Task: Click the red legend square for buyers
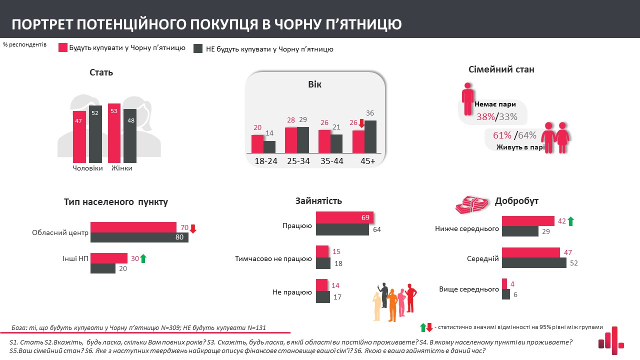tap(63, 48)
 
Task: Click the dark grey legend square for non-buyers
tap(197, 48)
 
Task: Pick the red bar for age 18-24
tap(257, 144)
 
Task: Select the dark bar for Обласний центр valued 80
tap(139, 237)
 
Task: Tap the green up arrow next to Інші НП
tap(143, 258)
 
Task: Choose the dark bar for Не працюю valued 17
tap(323, 296)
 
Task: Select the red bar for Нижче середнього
tap(528, 221)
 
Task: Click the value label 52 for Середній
tap(573, 263)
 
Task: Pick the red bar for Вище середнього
tap(504, 283)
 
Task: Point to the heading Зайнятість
tap(318, 201)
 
